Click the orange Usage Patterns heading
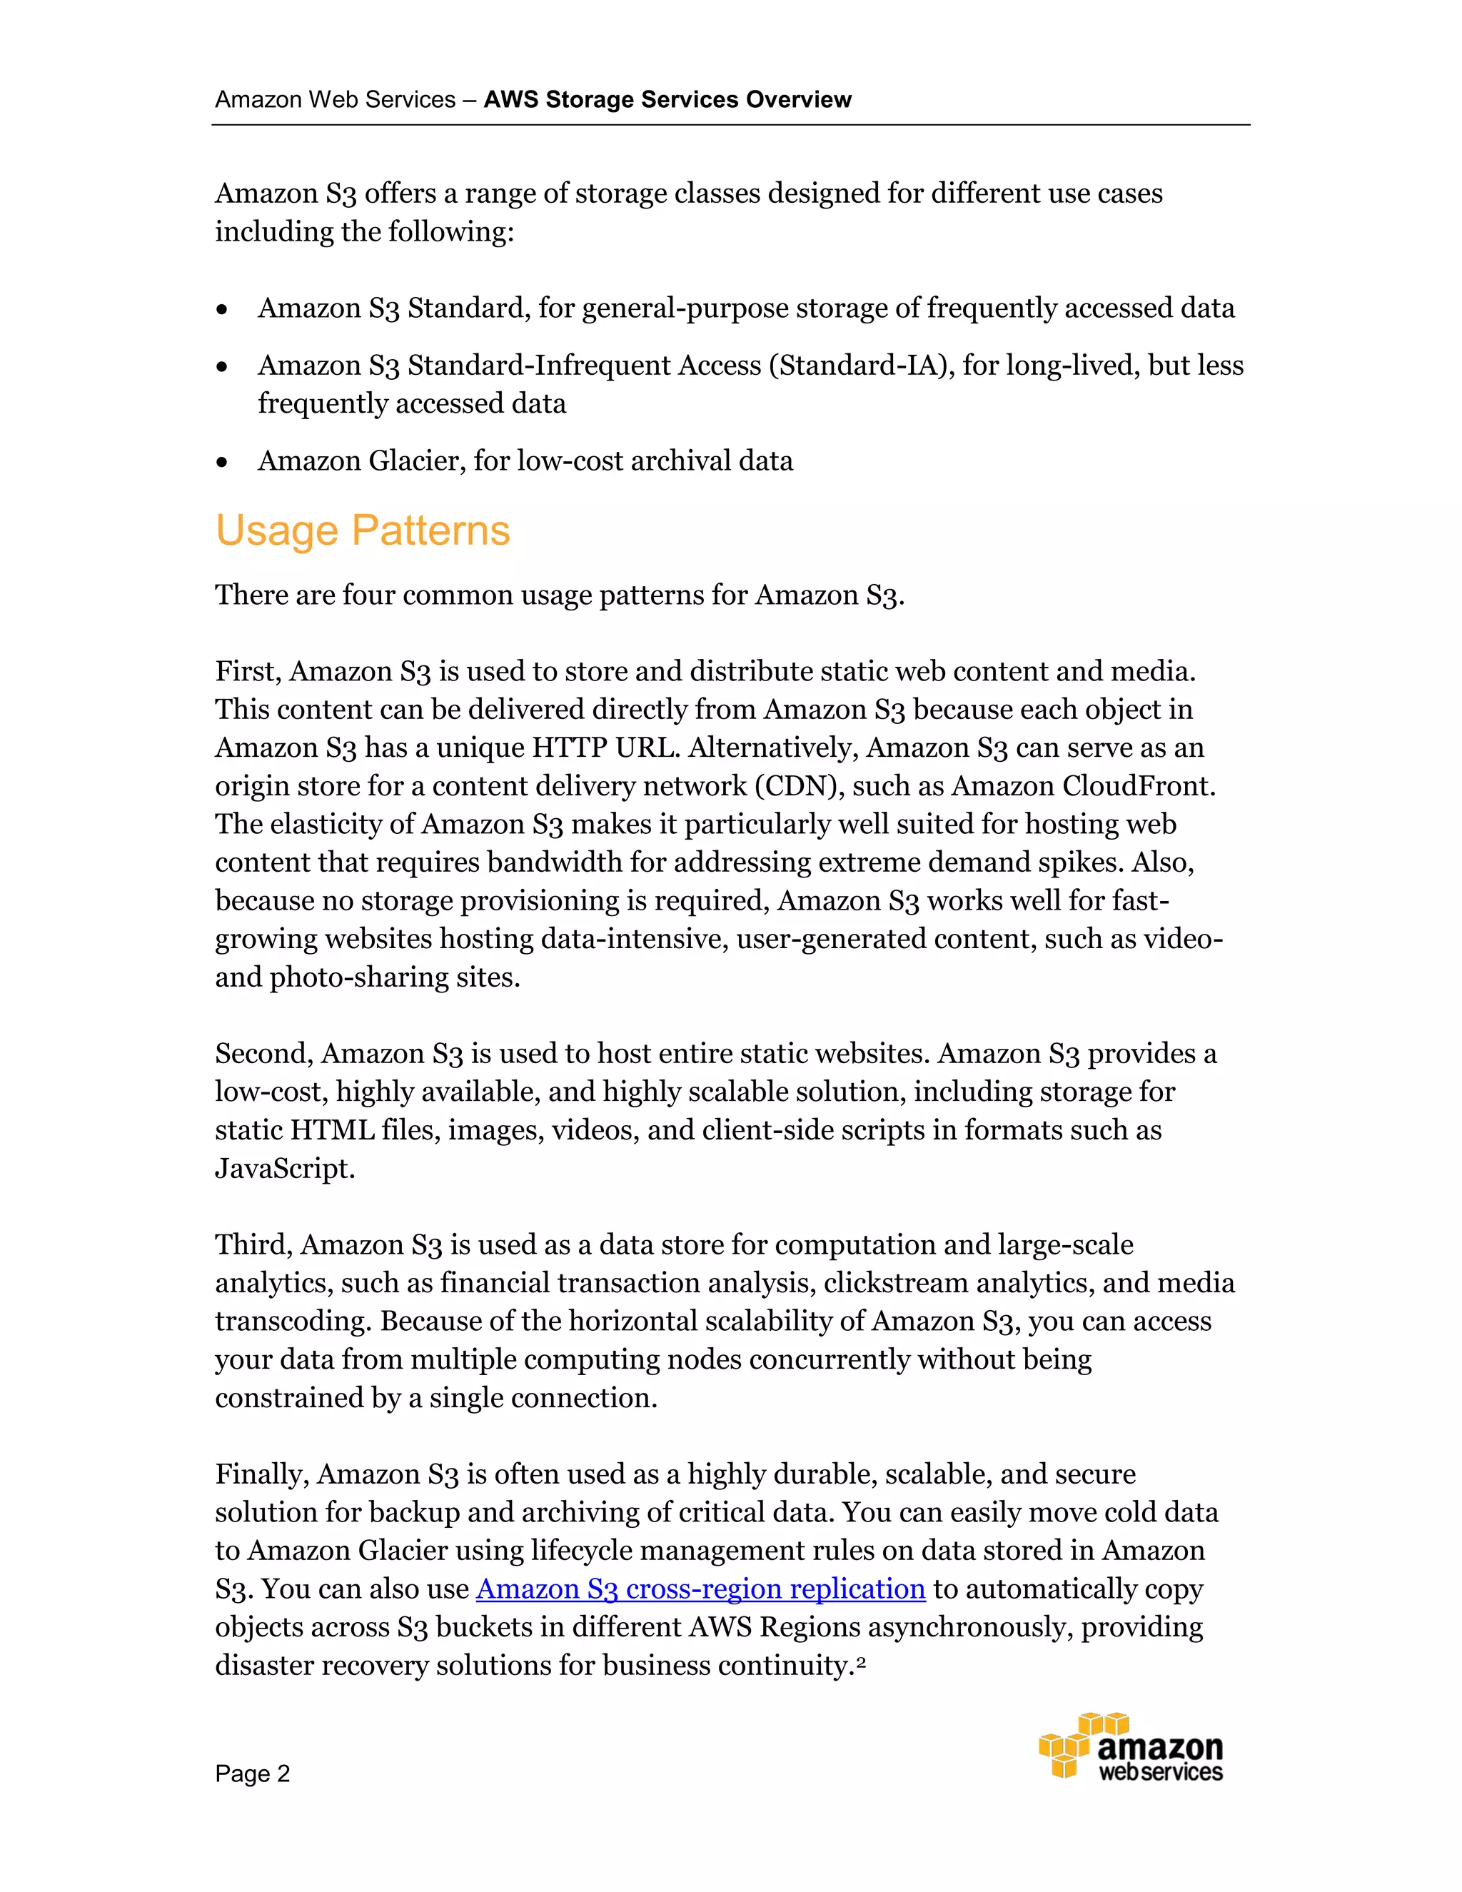362,530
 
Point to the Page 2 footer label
252,1773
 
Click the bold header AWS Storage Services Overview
667,100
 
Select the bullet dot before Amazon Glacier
223,463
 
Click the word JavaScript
284,1169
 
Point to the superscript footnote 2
861,1659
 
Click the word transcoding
293,1322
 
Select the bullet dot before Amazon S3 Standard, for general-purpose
223,309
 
